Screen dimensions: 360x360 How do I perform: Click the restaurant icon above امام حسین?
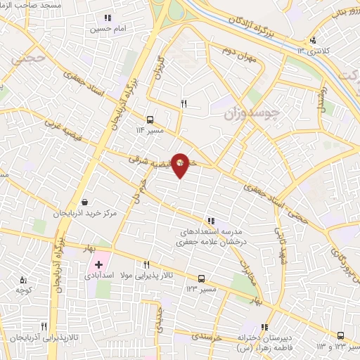tap(108, 18)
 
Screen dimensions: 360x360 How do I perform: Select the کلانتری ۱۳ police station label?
tap(309, 49)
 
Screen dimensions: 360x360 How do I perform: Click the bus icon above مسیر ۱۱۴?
tap(150, 119)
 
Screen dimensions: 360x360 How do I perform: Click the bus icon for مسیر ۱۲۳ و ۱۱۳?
tap(340, 335)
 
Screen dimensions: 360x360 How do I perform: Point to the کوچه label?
tap(24, 289)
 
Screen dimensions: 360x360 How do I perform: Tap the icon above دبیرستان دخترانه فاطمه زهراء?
tap(265, 327)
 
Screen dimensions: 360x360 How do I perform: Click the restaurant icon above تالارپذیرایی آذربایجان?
tap(44, 327)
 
